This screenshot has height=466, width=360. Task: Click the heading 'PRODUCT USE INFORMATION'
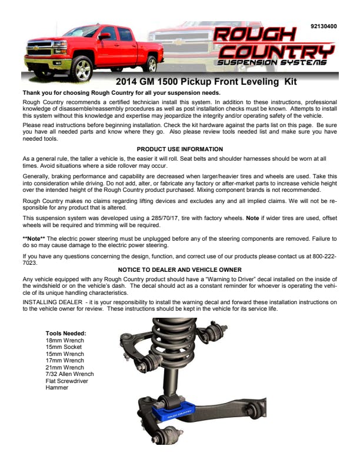(x=179, y=149)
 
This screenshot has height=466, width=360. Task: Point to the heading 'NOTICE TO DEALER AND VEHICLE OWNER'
(x=179, y=269)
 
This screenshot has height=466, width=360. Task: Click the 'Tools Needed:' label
(x=66, y=334)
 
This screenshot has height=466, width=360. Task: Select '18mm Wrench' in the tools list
(x=65, y=341)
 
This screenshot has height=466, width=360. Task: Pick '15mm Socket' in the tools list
(x=64, y=347)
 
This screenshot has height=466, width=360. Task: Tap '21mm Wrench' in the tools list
(x=65, y=367)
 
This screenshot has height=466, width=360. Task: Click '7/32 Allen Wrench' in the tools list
(x=69, y=374)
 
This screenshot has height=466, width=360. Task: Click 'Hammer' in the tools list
(x=57, y=388)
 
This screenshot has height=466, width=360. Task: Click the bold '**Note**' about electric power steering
(x=34, y=238)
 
